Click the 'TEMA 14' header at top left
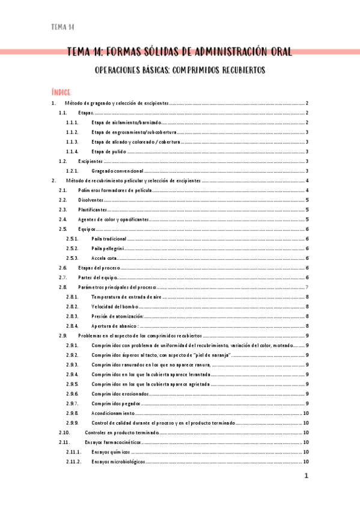click(63, 27)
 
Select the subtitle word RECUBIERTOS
click(237, 70)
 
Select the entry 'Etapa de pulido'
click(109, 152)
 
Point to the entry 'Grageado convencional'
click(118, 171)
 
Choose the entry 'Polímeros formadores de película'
click(115, 190)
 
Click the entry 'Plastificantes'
click(93, 209)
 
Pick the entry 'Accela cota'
click(104, 258)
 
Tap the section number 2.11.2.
click(74, 461)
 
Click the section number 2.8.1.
click(72, 297)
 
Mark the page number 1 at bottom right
click(306, 476)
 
